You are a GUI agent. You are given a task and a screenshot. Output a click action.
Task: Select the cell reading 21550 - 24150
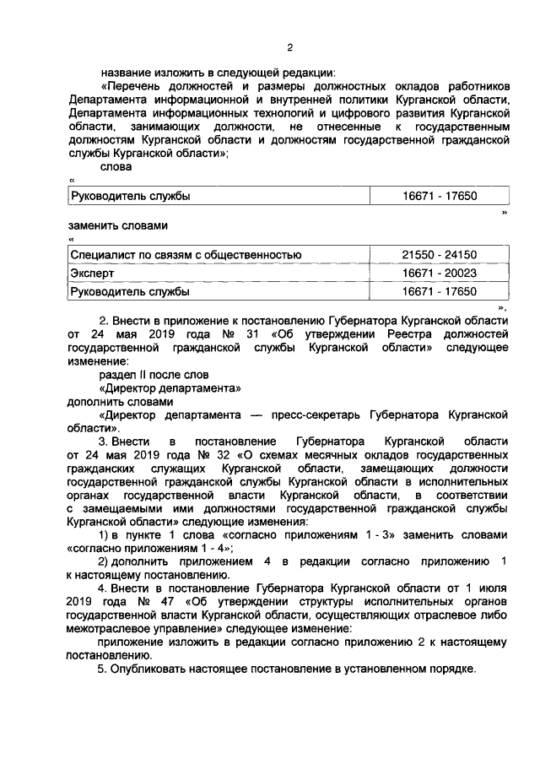pyautogui.click(x=440, y=254)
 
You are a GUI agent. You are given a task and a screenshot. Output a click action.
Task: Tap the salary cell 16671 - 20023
pyautogui.click(x=440, y=274)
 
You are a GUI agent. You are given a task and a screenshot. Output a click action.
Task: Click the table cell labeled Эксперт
pyautogui.click(x=93, y=274)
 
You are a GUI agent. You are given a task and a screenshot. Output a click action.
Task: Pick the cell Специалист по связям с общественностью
pyautogui.click(x=186, y=254)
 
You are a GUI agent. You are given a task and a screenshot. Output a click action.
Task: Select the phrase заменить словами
pyautogui.click(x=118, y=225)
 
